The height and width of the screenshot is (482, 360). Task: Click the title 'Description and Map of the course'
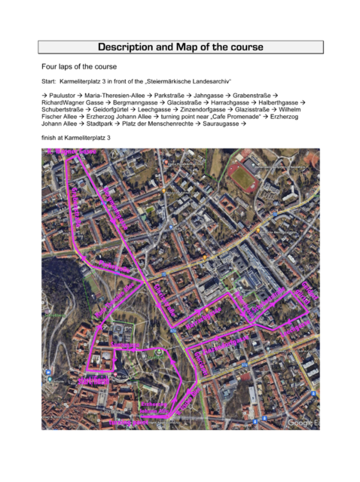pyautogui.click(x=180, y=47)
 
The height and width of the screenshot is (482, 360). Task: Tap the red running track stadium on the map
pyautogui.click(x=243, y=177)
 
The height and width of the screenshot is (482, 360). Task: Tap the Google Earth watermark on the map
pyautogui.click(x=303, y=423)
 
